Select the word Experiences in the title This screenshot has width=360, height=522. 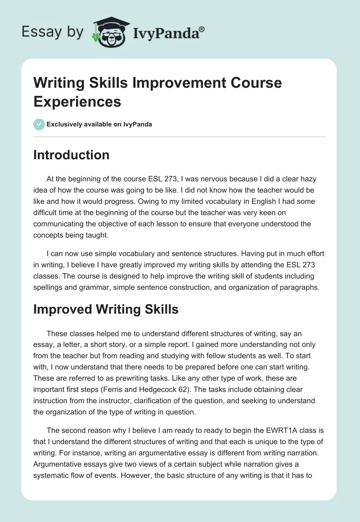[x=77, y=101]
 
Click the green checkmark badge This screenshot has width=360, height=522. [x=39, y=124]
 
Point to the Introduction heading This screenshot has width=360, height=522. [x=72, y=155]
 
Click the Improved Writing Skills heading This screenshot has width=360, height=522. [x=106, y=309]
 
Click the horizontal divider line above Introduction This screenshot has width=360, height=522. [x=180, y=136]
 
